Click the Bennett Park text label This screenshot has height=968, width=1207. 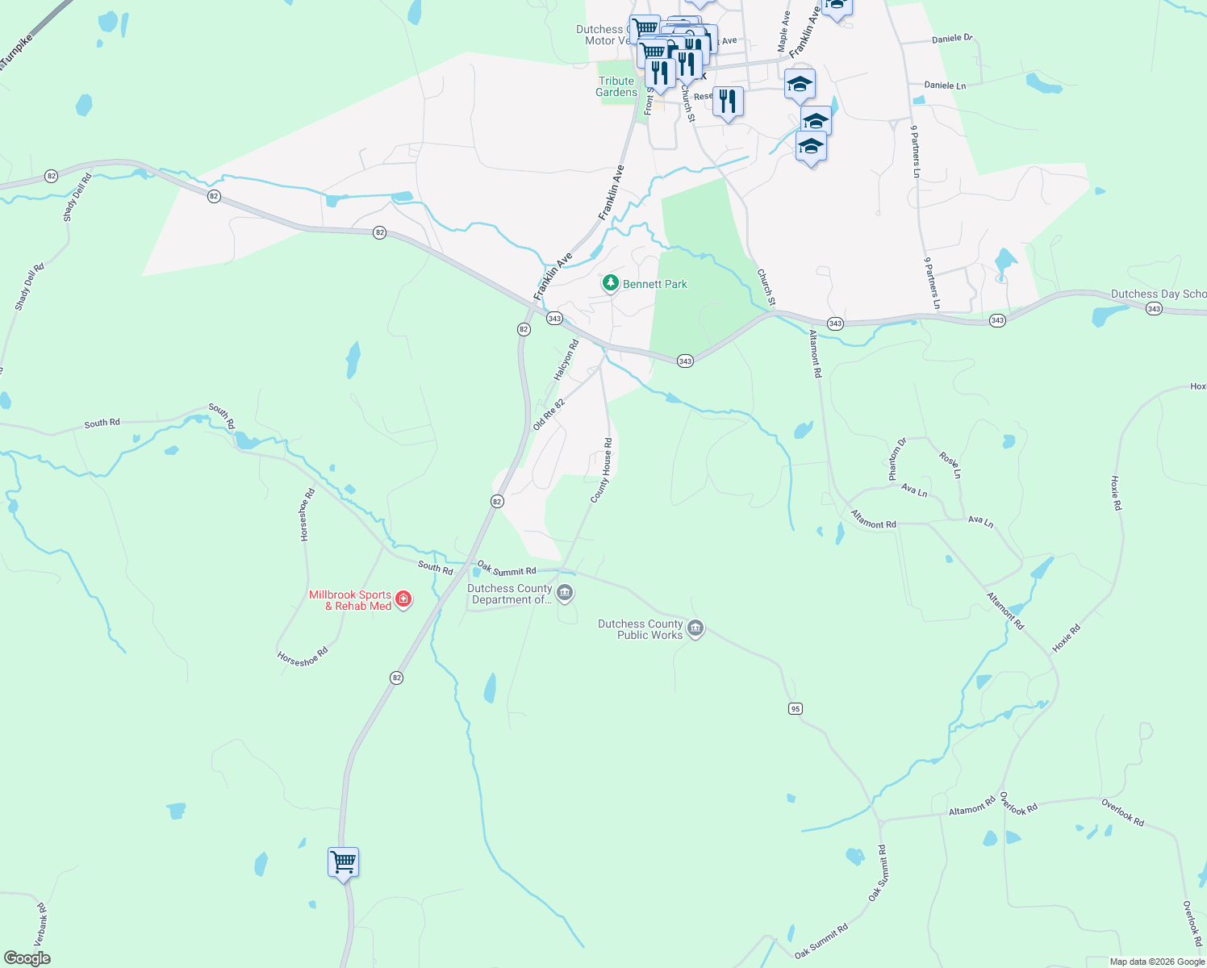(x=654, y=284)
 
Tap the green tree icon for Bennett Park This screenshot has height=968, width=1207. (x=611, y=283)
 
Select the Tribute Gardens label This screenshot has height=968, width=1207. (x=616, y=86)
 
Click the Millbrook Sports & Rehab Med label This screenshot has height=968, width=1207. (x=350, y=600)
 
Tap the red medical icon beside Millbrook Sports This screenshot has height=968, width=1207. (x=403, y=599)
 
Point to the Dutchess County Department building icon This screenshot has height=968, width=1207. (x=565, y=595)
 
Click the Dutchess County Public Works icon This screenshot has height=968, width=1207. (x=695, y=628)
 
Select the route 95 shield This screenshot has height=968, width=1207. (x=796, y=708)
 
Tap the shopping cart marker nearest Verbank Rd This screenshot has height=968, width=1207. (x=343, y=863)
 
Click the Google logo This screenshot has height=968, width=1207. (x=27, y=958)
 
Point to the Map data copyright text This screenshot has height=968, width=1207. (x=1157, y=962)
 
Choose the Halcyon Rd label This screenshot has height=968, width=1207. (x=566, y=360)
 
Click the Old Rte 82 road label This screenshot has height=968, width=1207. (x=549, y=414)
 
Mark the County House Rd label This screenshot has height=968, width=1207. (x=602, y=470)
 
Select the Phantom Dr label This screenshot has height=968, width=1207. (x=897, y=459)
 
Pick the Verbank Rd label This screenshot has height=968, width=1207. (x=41, y=924)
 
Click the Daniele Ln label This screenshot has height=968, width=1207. (x=945, y=86)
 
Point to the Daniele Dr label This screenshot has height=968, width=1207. (x=952, y=38)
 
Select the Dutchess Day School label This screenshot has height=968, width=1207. (x=1159, y=294)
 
